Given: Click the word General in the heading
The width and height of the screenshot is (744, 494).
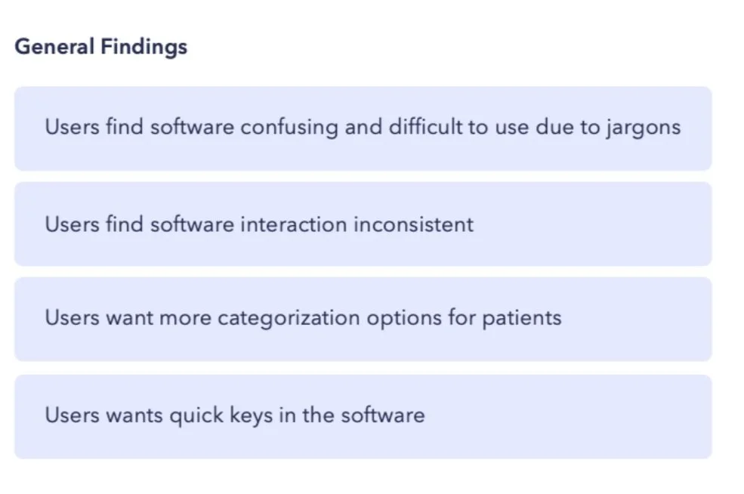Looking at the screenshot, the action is [x=54, y=47].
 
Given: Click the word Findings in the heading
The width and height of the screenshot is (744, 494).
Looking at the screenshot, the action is [x=144, y=48].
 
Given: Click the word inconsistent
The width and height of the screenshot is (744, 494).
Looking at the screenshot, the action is [x=413, y=224].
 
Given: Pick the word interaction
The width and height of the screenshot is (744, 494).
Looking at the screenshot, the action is [x=293, y=224].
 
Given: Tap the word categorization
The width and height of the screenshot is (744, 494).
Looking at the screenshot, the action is [x=289, y=318].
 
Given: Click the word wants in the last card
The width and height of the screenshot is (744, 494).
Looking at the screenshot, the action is [x=134, y=415].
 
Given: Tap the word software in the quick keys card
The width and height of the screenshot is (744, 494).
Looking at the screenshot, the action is [x=383, y=415].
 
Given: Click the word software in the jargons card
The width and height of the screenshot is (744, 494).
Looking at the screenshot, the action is [x=192, y=127].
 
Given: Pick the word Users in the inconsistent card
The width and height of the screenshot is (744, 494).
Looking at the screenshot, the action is [x=72, y=224].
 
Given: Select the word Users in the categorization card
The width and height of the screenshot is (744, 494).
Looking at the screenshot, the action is [x=72, y=317].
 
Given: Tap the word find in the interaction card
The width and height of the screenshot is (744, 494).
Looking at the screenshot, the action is [x=125, y=224].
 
